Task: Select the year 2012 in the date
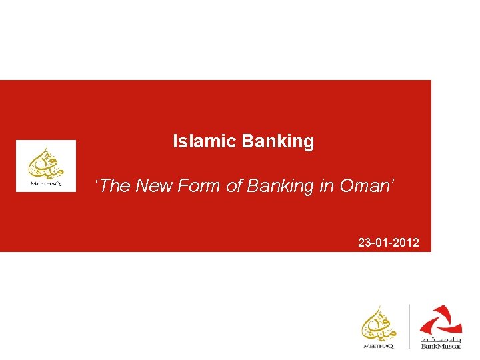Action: pyautogui.click(x=407, y=243)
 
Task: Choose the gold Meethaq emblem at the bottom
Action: pyautogui.click(x=379, y=323)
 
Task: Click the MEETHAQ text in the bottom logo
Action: pyautogui.click(x=379, y=346)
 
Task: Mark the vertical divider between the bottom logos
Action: pyautogui.click(x=409, y=327)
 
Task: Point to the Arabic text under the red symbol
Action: pyautogui.click(x=441, y=339)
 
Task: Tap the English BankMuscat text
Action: pyautogui.click(x=441, y=347)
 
